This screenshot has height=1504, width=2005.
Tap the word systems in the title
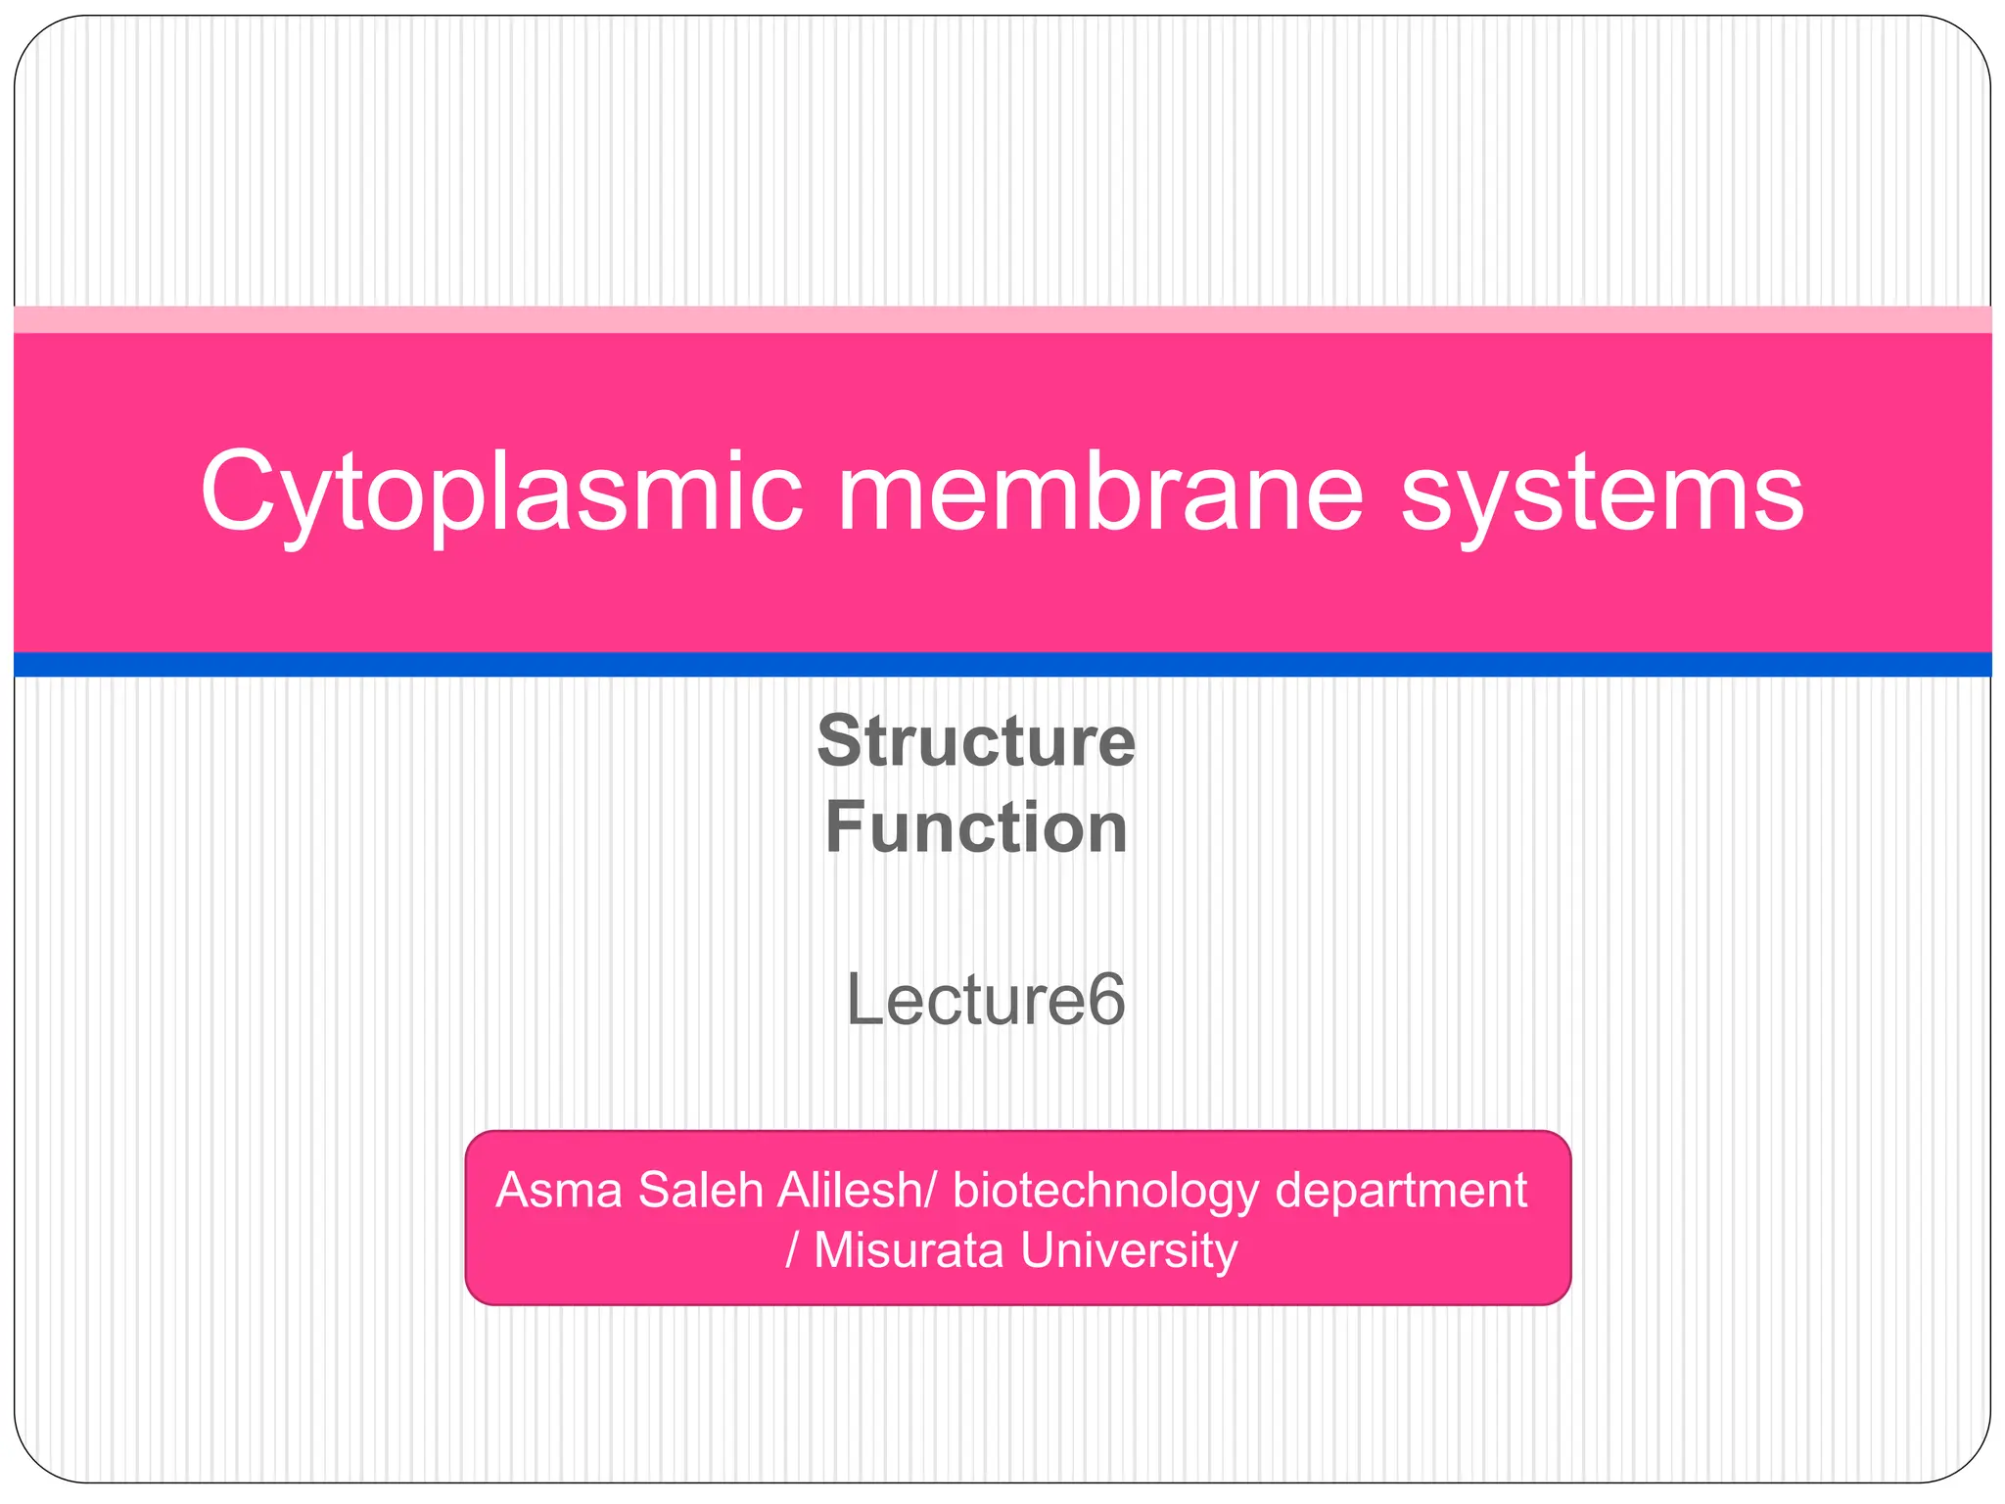point(1602,493)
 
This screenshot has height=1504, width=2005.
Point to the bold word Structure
point(976,741)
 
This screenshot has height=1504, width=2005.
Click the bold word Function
point(976,827)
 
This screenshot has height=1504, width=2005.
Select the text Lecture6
point(985,1000)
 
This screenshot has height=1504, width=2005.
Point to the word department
point(1401,1192)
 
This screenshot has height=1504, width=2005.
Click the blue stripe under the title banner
point(1002,664)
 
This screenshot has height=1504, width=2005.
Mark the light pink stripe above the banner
point(1002,319)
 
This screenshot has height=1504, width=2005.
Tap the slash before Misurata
point(793,1251)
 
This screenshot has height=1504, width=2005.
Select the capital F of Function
point(843,827)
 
